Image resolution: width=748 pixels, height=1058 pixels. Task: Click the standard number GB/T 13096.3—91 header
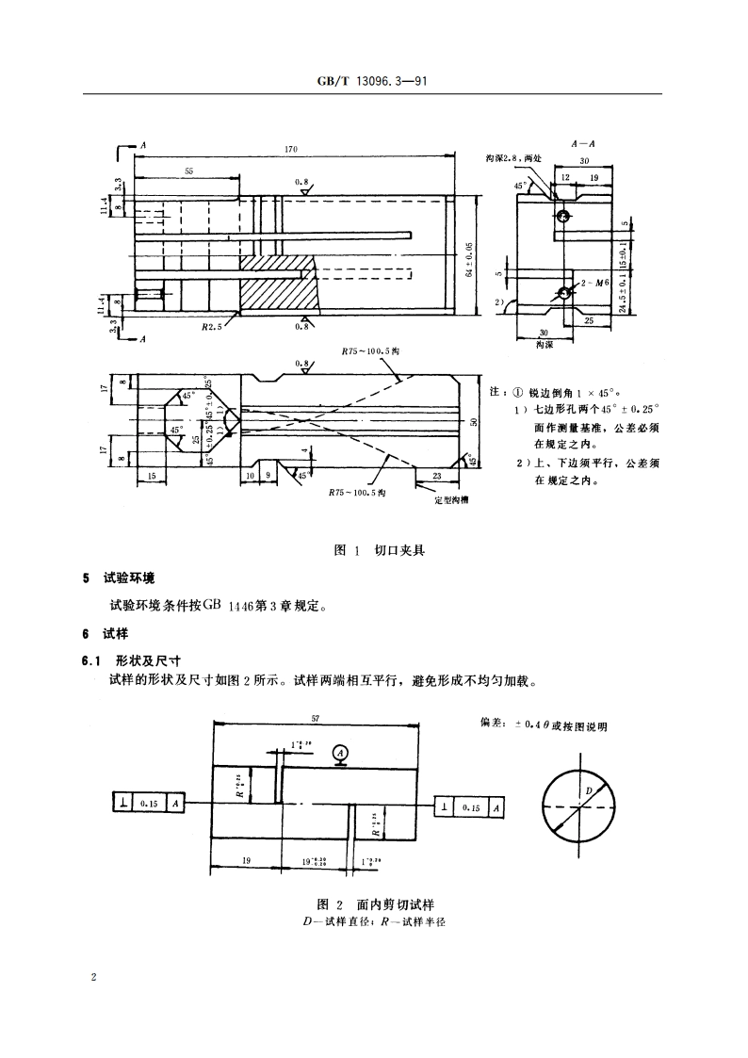[x=373, y=82]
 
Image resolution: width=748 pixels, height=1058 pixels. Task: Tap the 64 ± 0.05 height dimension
[x=469, y=258]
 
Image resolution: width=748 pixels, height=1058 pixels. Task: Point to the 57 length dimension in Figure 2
[x=315, y=718]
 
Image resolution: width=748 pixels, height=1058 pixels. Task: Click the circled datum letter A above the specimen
[x=341, y=751]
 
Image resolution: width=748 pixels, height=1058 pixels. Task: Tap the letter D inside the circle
[x=589, y=790]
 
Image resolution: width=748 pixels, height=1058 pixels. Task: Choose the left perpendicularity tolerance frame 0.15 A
[x=148, y=803]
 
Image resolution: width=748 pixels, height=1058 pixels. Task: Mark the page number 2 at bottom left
[x=93, y=977]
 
